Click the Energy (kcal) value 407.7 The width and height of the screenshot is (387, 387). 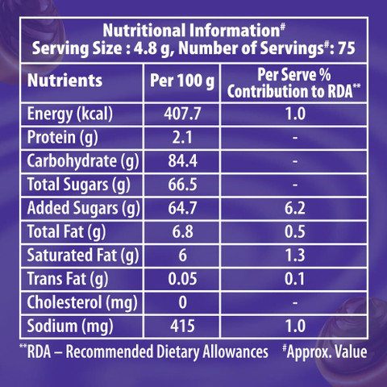[182, 114]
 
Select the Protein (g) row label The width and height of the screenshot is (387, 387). [63, 138]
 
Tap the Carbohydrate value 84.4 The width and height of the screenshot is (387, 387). [183, 161]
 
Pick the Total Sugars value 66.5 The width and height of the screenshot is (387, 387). [183, 185]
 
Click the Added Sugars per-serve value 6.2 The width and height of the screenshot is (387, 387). [295, 208]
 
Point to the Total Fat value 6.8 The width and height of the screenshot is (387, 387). [183, 231]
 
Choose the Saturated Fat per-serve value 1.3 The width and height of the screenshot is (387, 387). [295, 256]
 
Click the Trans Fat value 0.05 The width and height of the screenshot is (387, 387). [183, 279]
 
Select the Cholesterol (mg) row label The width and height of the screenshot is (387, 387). [82, 303]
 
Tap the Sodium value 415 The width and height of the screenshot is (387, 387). [182, 326]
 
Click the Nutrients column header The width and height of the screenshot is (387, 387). [64, 81]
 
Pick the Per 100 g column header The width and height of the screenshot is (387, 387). [182, 81]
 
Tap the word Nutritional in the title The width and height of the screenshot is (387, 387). [144, 31]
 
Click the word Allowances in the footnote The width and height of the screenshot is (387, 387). [235, 352]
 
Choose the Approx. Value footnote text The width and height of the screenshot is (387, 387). [325, 352]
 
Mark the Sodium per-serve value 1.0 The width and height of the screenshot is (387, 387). [295, 326]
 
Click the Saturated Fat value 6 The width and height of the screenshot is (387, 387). [183, 256]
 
